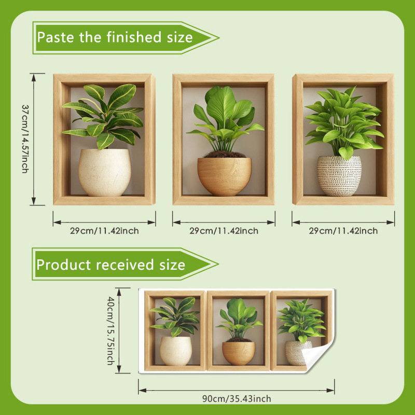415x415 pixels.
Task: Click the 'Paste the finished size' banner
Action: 126,38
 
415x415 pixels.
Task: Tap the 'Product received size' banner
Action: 125,264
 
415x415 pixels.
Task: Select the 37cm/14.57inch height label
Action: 25,139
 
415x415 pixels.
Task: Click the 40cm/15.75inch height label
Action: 110,330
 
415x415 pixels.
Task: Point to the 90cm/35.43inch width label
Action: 237,398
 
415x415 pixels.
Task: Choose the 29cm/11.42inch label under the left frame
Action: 104,231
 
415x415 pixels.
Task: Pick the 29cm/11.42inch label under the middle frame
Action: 224,231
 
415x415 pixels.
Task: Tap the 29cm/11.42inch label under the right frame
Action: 343,231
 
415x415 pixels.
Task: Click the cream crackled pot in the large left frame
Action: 105,172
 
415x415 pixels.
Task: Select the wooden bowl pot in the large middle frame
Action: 225,176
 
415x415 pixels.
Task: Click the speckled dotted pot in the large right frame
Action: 339,176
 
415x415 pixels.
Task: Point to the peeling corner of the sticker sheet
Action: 317,356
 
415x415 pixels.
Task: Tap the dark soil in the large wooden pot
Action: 225,155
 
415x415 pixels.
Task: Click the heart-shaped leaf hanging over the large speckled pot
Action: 346,153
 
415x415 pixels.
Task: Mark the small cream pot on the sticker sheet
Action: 176,351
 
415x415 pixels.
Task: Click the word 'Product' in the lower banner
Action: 64,265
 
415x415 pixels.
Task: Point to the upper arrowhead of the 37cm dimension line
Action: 34,77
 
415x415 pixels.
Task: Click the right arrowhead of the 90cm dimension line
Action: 330,391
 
